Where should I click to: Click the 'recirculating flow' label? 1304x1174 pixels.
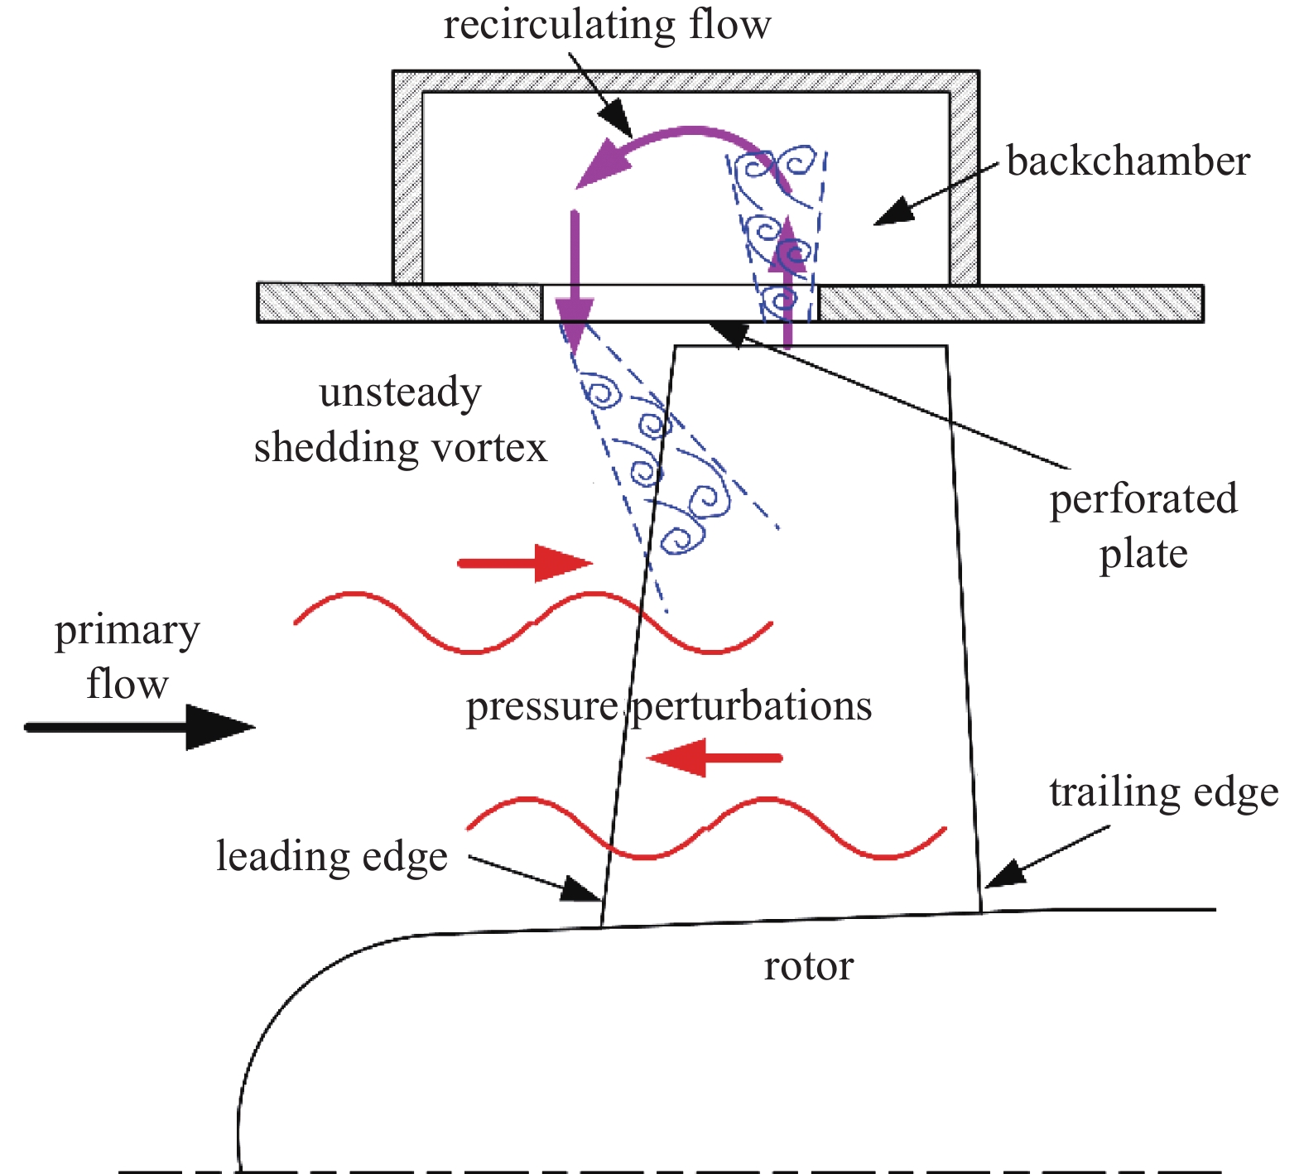[x=607, y=25]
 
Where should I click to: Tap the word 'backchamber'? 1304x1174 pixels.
[x=1128, y=161]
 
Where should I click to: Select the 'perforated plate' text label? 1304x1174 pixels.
[x=1143, y=526]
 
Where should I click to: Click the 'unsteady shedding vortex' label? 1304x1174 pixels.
[x=401, y=420]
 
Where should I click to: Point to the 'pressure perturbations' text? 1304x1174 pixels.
[x=668, y=706]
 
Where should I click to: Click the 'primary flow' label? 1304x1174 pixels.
[x=127, y=657]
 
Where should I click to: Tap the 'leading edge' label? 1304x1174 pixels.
[x=332, y=856]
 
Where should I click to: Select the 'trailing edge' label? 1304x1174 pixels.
[x=1163, y=791]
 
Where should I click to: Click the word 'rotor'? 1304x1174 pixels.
[x=808, y=966]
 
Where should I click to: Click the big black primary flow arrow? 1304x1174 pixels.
[x=141, y=727]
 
